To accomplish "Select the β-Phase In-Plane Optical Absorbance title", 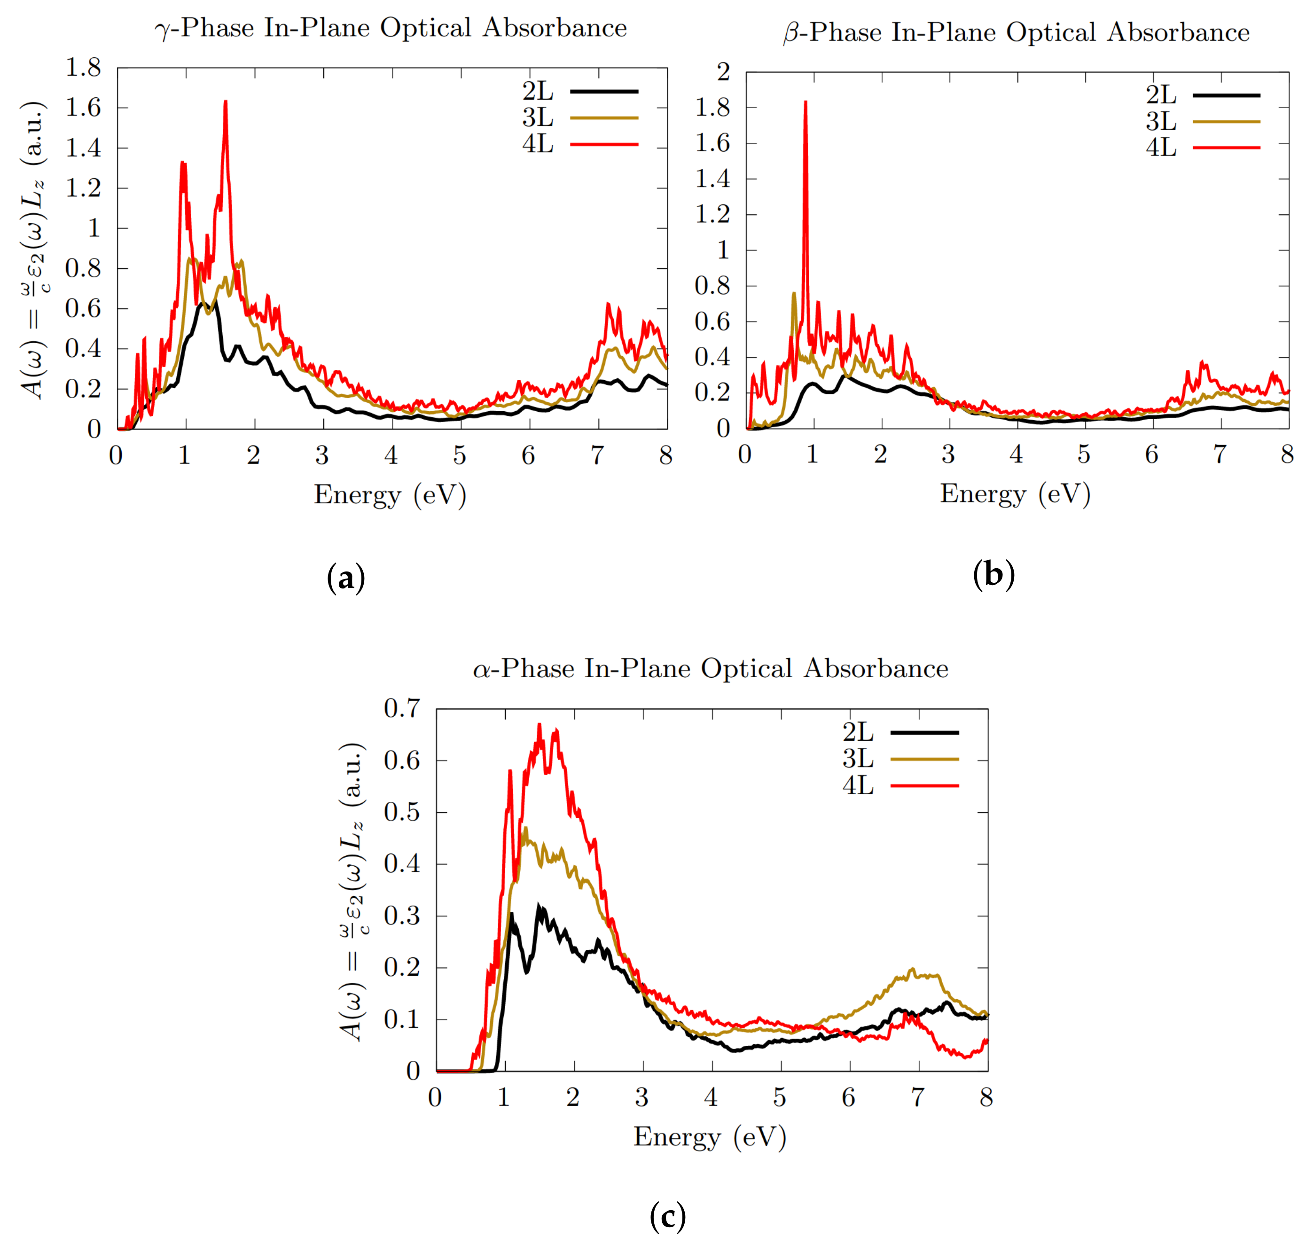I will (x=1016, y=32).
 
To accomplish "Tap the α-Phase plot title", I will (x=710, y=668).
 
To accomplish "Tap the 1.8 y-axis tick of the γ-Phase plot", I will (x=83, y=68).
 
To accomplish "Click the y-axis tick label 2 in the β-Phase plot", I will (x=723, y=72).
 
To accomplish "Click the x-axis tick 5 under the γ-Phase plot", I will (x=459, y=455).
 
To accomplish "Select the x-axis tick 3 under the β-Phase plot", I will (x=948, y=454).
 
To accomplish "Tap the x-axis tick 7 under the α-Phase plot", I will (x=917, y=1098).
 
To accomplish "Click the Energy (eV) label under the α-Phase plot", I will (x=710, y=1137).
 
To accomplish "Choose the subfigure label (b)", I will (x=993, y=574).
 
